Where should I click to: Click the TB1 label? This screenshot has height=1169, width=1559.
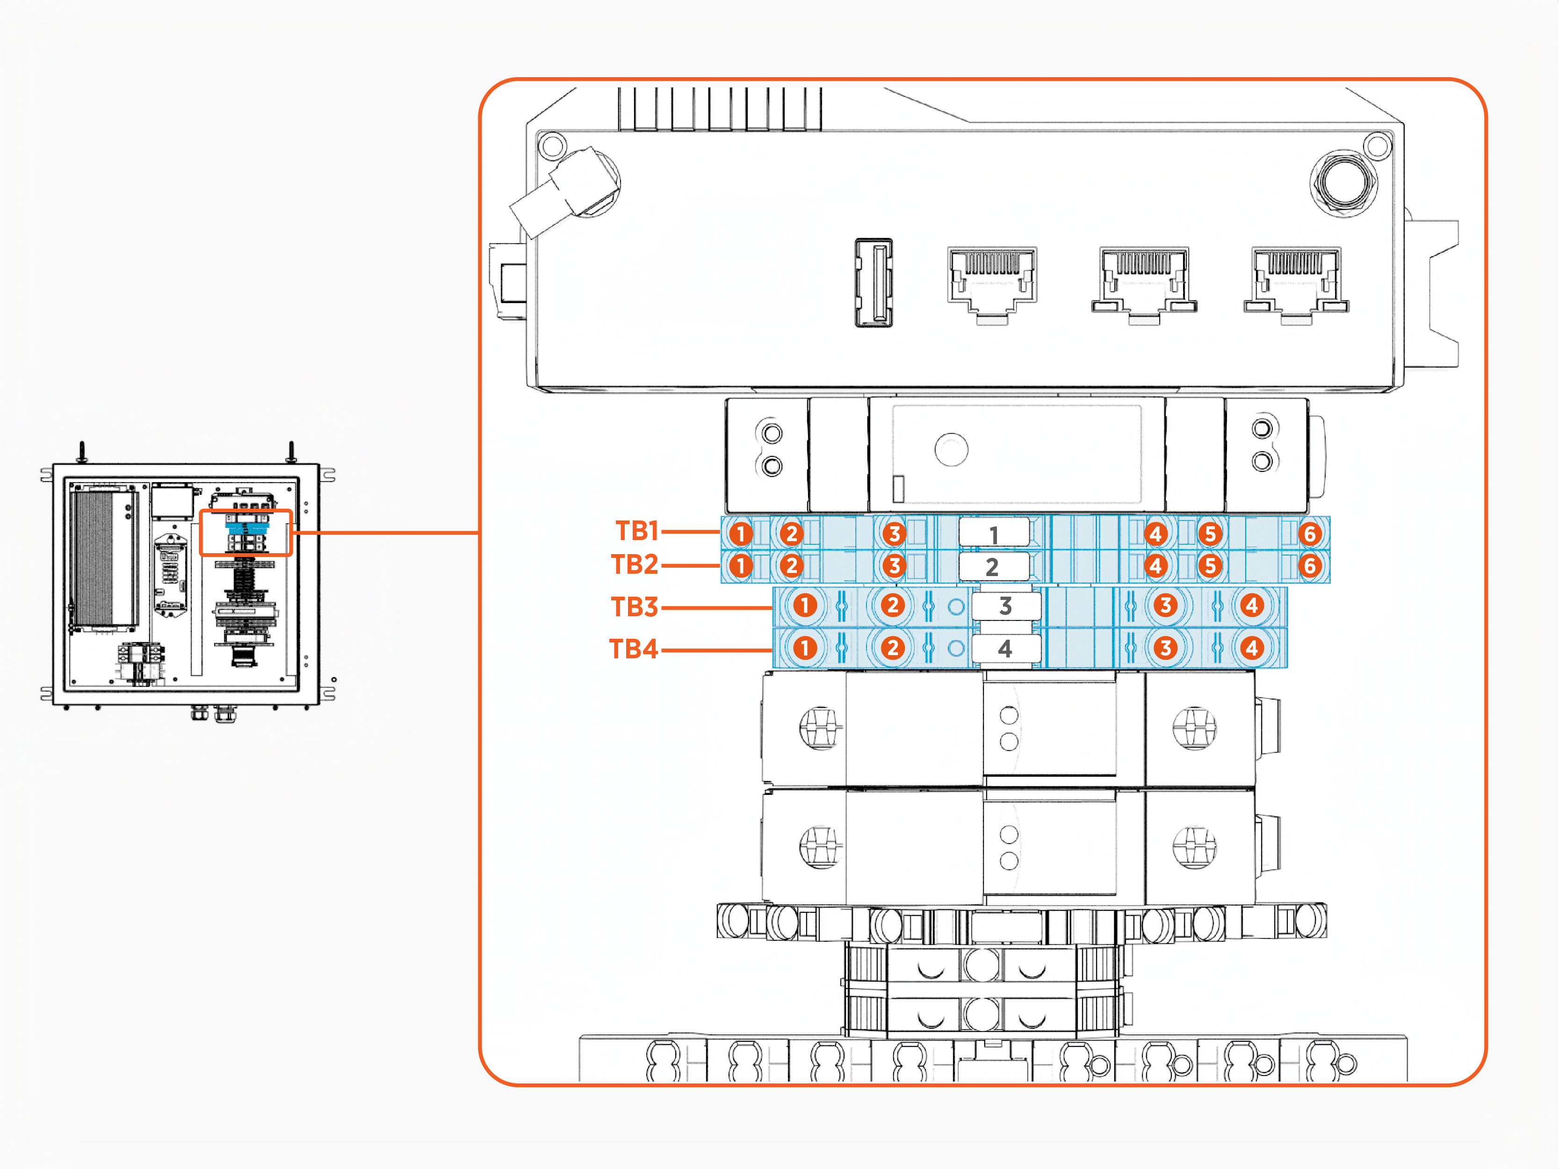coord(636,531)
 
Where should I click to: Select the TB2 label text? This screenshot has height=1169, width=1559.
coord(635,564)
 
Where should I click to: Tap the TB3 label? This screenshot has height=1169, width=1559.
coord(635,606)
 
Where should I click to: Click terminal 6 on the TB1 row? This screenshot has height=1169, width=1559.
coord(1309,534)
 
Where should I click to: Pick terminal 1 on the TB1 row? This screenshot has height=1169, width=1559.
coord(741,534)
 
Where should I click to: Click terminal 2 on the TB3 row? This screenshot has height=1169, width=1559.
coord(892,605)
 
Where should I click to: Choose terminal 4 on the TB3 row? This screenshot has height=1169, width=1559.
coord(1252,605)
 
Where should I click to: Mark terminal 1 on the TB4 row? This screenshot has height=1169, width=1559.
coord(805,648)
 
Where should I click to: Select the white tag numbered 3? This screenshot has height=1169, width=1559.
coord(1006,605)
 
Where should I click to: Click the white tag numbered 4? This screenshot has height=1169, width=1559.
coord(1006,648)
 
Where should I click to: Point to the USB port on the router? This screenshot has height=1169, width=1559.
coord(874,282)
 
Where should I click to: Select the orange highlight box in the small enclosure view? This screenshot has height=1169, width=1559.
coord(246,533)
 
